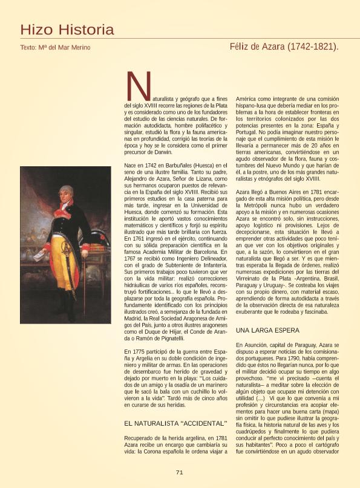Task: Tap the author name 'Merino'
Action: (x=79, y=47)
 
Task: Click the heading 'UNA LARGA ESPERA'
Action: (x=267, y=330)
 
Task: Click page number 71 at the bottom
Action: (x=180, y=473)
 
